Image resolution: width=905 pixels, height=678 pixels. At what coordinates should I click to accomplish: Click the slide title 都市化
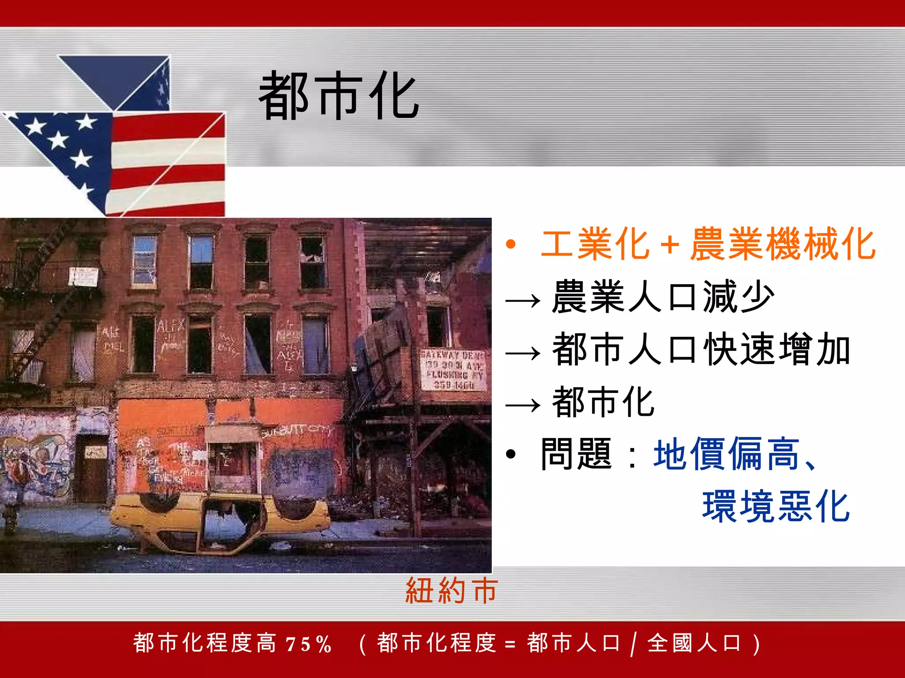(x=338, y=96)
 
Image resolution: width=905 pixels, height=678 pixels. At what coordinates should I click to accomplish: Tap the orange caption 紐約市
(x=452, y=591)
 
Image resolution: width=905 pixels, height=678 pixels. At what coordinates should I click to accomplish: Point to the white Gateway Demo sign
(x=453, y=370)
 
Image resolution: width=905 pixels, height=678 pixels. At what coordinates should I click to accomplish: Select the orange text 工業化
(x=595, y=244)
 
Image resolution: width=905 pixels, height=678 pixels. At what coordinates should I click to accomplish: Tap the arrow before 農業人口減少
(x=523, y=301)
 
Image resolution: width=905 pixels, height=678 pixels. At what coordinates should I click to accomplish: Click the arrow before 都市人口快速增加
(x=523, y=353)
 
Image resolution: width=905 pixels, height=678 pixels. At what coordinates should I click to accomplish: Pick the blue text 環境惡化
(x=776, y=507)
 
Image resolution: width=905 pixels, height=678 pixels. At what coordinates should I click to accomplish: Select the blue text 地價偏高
(x=726, y=455)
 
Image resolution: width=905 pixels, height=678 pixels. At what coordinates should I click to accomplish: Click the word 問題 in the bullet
(x=576, y=455)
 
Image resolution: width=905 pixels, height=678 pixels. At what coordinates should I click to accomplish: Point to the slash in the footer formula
(x=634, y=644)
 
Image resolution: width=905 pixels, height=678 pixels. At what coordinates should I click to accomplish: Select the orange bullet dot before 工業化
(x=511, y=244)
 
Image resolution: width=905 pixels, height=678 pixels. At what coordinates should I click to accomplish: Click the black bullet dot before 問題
(x=511, y=454)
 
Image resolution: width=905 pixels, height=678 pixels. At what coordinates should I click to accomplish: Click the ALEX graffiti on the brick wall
(x=170, y=327)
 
